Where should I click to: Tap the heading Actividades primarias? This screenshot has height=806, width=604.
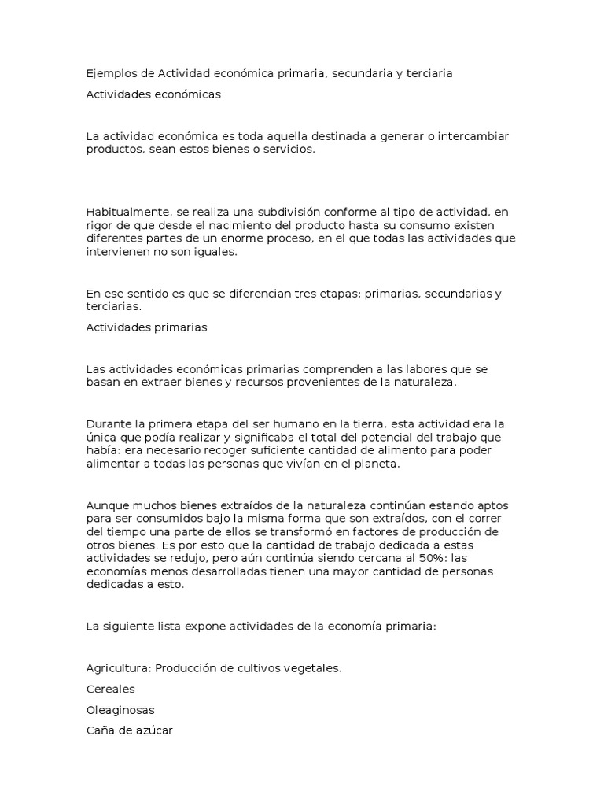click(x=146, y=327)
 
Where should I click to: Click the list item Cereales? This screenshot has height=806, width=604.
click(x=110, y=689)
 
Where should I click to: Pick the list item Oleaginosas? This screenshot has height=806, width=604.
click(x=120, y=709)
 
